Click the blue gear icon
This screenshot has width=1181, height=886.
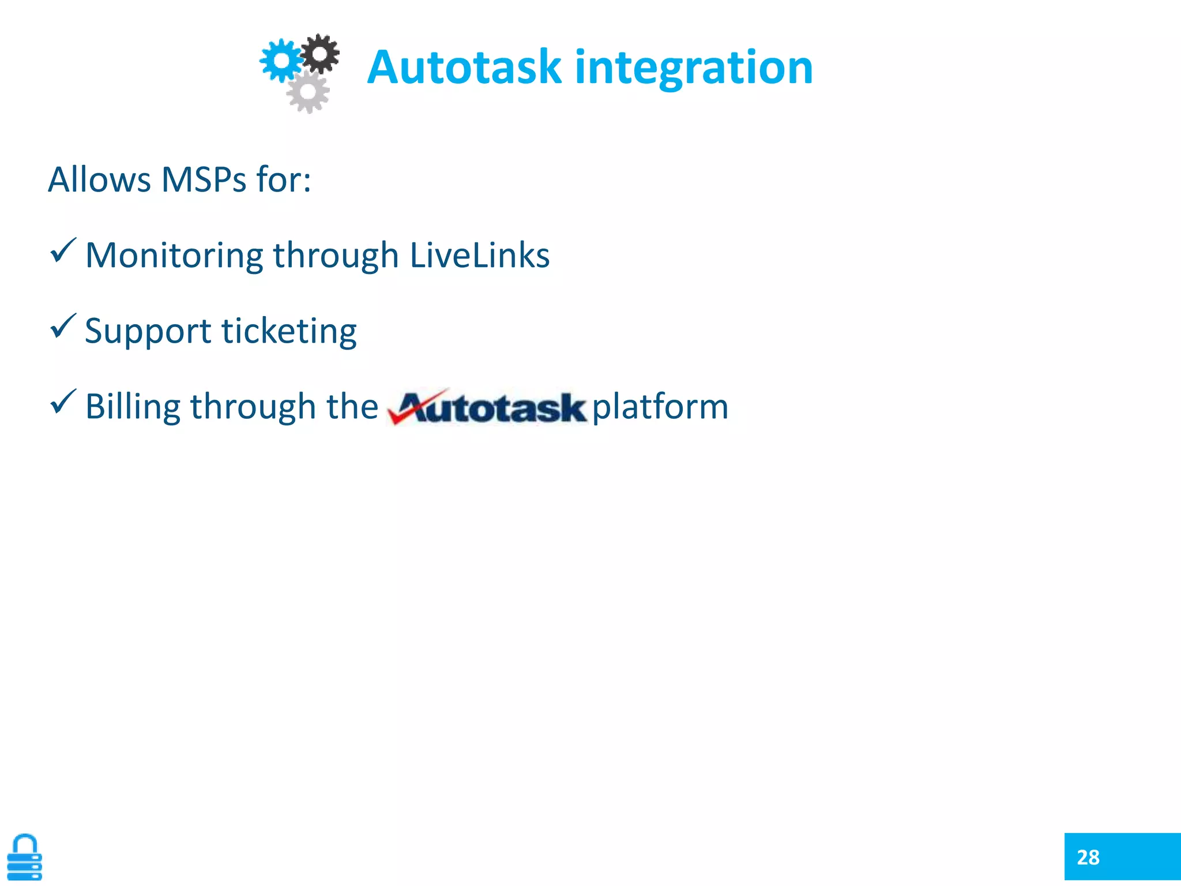click(281, 59)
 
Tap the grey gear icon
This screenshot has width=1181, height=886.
click(308, 92)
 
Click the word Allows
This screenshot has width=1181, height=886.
click(99, 179)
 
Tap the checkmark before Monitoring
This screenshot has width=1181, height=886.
click(63, 251)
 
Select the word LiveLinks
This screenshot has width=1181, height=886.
click(479, 255)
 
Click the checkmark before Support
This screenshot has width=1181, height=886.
click(63, 326)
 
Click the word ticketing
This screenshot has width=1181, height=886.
click(289, 331)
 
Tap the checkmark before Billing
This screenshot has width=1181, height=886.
click(63, 401)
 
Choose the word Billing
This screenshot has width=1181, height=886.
click(133, 407)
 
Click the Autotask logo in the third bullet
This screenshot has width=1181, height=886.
click(487, 407)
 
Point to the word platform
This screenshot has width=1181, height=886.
click(660, 407)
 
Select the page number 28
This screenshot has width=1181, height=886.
click(1088, 857)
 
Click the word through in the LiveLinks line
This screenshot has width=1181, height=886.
click(336, 256)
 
